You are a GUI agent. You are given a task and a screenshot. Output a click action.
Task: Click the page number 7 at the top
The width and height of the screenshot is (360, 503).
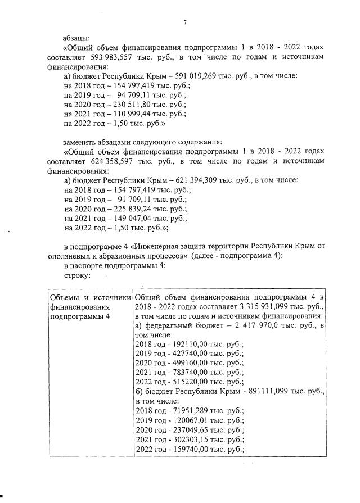184,22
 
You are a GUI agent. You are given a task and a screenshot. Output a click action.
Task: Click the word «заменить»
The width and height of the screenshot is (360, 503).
80,141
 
